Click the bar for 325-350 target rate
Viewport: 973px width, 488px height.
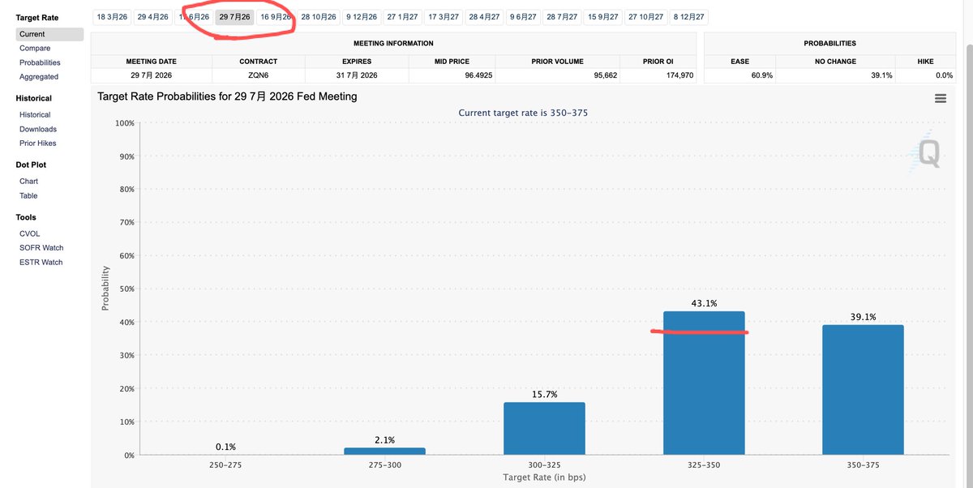click(x=704, y=383)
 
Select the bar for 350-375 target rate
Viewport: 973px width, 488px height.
click(x=863, y=389)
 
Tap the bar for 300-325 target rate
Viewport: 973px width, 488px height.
click(x=544, y=428)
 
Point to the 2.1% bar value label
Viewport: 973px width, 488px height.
click(x=384, y=440)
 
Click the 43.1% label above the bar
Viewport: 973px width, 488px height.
click(x=704, y=304)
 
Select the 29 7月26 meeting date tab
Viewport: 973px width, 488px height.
click(x=234, y=16)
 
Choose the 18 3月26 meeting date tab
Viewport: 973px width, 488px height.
click(x=111, y=16)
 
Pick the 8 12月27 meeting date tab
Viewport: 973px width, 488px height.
click(x=689, y=16)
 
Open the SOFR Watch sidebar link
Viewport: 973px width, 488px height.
click(x=41, y=248)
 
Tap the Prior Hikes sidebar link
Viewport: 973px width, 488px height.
click(x=38, y=143)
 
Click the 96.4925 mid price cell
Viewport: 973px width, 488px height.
click(x=452, y=75)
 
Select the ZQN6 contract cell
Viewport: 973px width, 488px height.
click(x=259, y=75)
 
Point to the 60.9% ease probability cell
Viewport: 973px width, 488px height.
click(x=739, y=75)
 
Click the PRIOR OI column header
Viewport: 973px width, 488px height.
click(x=657, y=62)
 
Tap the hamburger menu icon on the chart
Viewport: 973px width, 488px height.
click(x=941, y=98)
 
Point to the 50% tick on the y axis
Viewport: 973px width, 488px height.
click(x=124, y=289)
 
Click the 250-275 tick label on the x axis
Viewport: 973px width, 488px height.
click(x=225, y=466)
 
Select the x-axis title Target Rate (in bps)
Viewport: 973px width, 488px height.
click(x=544, y=477)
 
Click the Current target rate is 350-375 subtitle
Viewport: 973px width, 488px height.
click(x=523, y=113)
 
